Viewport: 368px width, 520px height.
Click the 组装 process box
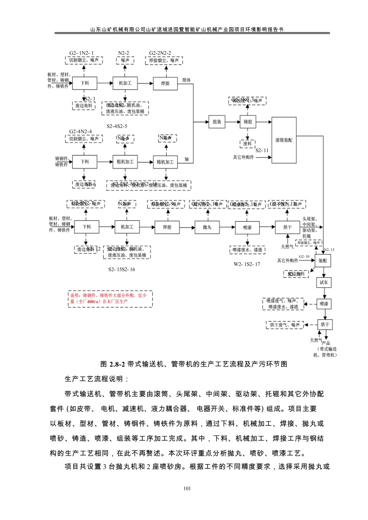[x=217, y=122]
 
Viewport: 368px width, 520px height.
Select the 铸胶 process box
[x=248, y=122]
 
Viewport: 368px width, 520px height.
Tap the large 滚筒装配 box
[x=284, y=140]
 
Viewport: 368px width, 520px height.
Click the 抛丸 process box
[x=207, y=227]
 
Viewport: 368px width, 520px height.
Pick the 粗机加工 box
[x=125, y=162]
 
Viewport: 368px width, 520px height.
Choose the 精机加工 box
[x=165, y=162]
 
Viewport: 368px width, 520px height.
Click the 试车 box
[x=323, y=282]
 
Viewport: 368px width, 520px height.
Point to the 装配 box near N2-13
[x=323, y=260]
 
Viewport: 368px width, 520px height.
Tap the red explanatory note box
[x=110, y=298]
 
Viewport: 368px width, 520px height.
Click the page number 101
[x=187, y=488]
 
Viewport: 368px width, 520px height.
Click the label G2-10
[x=304, y=256]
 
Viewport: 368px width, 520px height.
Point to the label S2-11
[x=262, y=150]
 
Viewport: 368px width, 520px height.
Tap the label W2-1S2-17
[x=247, y=264]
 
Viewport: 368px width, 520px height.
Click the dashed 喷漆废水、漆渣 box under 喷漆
[x=247, y=250]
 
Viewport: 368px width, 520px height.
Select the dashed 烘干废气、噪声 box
[x=285, y=325]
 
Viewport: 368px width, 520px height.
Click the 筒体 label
[x=186, y=80]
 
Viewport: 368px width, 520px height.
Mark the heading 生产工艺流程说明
[x=96, y=379]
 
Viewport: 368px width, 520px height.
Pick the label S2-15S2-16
[x=122, y=269]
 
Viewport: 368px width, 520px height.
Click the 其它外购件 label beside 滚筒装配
[x=243, y=157]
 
